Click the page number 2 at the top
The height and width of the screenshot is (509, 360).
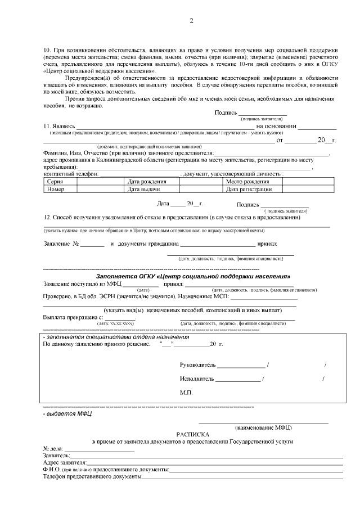click(191, 21)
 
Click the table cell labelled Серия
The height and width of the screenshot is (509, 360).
click(55, 182)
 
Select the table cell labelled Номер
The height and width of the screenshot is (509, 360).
click(56, 190)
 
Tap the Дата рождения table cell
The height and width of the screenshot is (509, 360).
click(147, 182)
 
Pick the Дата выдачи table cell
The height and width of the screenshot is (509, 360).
click(144, 190)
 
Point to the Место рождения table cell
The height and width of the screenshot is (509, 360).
click(247, 182)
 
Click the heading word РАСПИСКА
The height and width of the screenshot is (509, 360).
click(193, 435)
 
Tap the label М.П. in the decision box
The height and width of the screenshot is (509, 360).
click(186, 392)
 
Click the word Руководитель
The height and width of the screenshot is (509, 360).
click(197, 366)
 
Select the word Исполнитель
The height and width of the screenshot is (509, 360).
click(197, 379)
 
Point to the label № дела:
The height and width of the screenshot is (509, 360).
click(53, 448)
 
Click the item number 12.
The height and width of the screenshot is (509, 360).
click(47, 217)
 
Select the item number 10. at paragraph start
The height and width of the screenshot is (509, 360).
click(47, 51)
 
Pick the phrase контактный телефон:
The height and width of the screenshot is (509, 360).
click(71, 174)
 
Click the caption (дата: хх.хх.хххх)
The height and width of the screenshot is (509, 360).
click(116, 324)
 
